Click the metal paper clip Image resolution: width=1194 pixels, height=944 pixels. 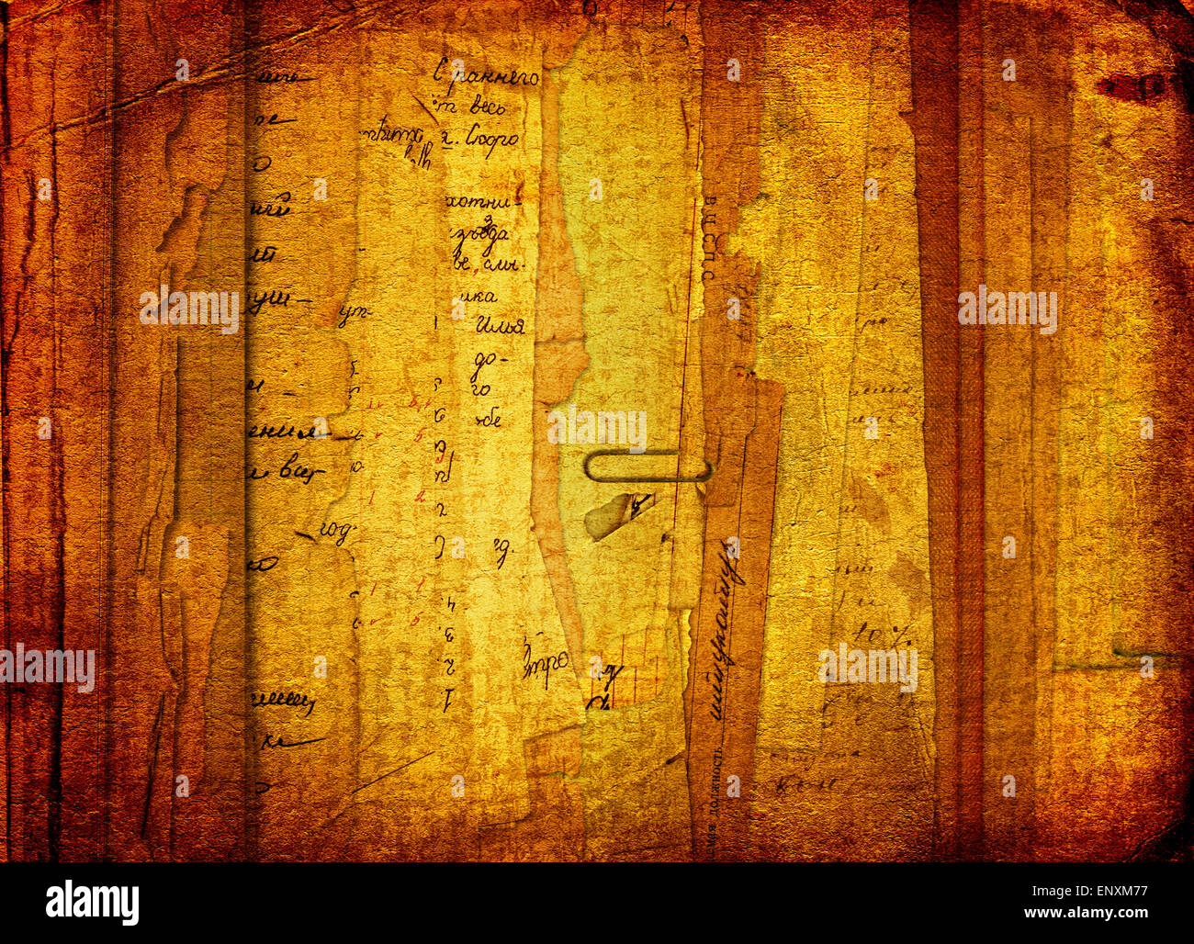point(648,467)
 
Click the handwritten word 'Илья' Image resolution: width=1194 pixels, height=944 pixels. point(500,325)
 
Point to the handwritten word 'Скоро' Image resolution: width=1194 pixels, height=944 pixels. point(492,140)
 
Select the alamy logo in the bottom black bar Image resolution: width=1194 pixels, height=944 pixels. point(92,902)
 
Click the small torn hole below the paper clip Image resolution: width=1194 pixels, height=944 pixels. point(620,514)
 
